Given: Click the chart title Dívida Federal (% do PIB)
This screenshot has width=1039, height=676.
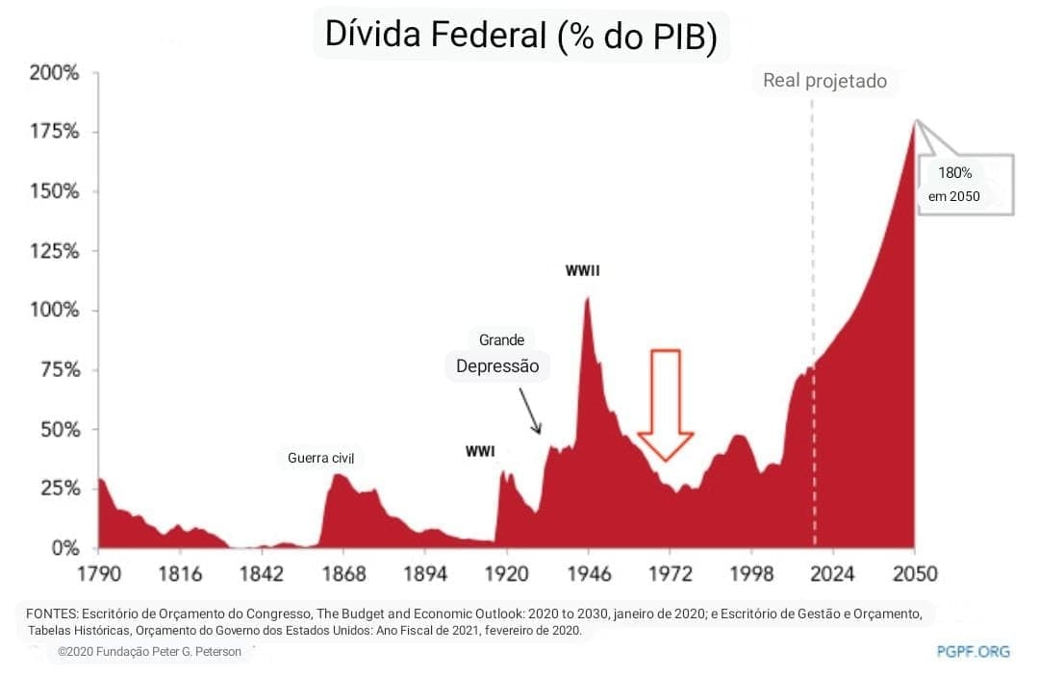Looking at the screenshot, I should [520, 35].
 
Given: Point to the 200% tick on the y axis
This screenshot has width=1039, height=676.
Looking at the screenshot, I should [54, 73].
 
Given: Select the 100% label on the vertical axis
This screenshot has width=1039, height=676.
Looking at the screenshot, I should [54, 311].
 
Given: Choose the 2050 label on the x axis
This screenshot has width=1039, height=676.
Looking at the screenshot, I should [914, 574].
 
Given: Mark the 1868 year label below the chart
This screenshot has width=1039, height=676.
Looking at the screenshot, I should [343, 574].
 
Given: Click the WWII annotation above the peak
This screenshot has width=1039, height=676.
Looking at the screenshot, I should [583, 271].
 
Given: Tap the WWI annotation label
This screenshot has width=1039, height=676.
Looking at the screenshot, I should [480, 451].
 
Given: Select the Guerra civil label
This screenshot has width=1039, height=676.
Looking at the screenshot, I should [321, 458].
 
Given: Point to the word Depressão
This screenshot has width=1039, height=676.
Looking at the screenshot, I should [497, 366].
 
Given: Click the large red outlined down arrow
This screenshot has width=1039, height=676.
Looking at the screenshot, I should [666, 404].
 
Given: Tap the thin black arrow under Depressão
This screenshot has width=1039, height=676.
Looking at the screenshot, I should [530, 411].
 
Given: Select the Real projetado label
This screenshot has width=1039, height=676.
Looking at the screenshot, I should [824, 81].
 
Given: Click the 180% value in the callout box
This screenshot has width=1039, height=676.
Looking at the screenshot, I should [955, 174].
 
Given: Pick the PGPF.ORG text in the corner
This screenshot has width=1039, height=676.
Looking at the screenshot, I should [973, 651].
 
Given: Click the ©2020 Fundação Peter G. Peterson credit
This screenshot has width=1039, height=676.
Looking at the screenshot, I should [149, 652].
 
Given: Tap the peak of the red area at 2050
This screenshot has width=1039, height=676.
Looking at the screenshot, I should [914, 121].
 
